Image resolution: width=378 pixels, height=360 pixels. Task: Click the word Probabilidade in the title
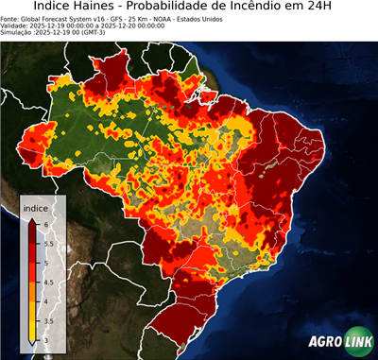pyautogui.click(x=189, y=8)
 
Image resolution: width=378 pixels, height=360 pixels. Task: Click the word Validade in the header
pyautogui.click(x=15, y=25)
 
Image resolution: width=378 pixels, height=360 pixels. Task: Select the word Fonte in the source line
pyautogui.click(x=11, y=18)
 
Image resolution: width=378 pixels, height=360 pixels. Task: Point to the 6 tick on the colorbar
pyautogui.click(x=46, y=221)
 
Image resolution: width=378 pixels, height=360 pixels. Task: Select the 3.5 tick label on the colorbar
pyautogui.click(x=49, y=322)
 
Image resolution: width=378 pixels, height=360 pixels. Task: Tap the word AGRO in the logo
pyautogui.click(x=324, y=342)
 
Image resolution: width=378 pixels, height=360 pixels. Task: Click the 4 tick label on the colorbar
pyautogui.click(x=46, y=301)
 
